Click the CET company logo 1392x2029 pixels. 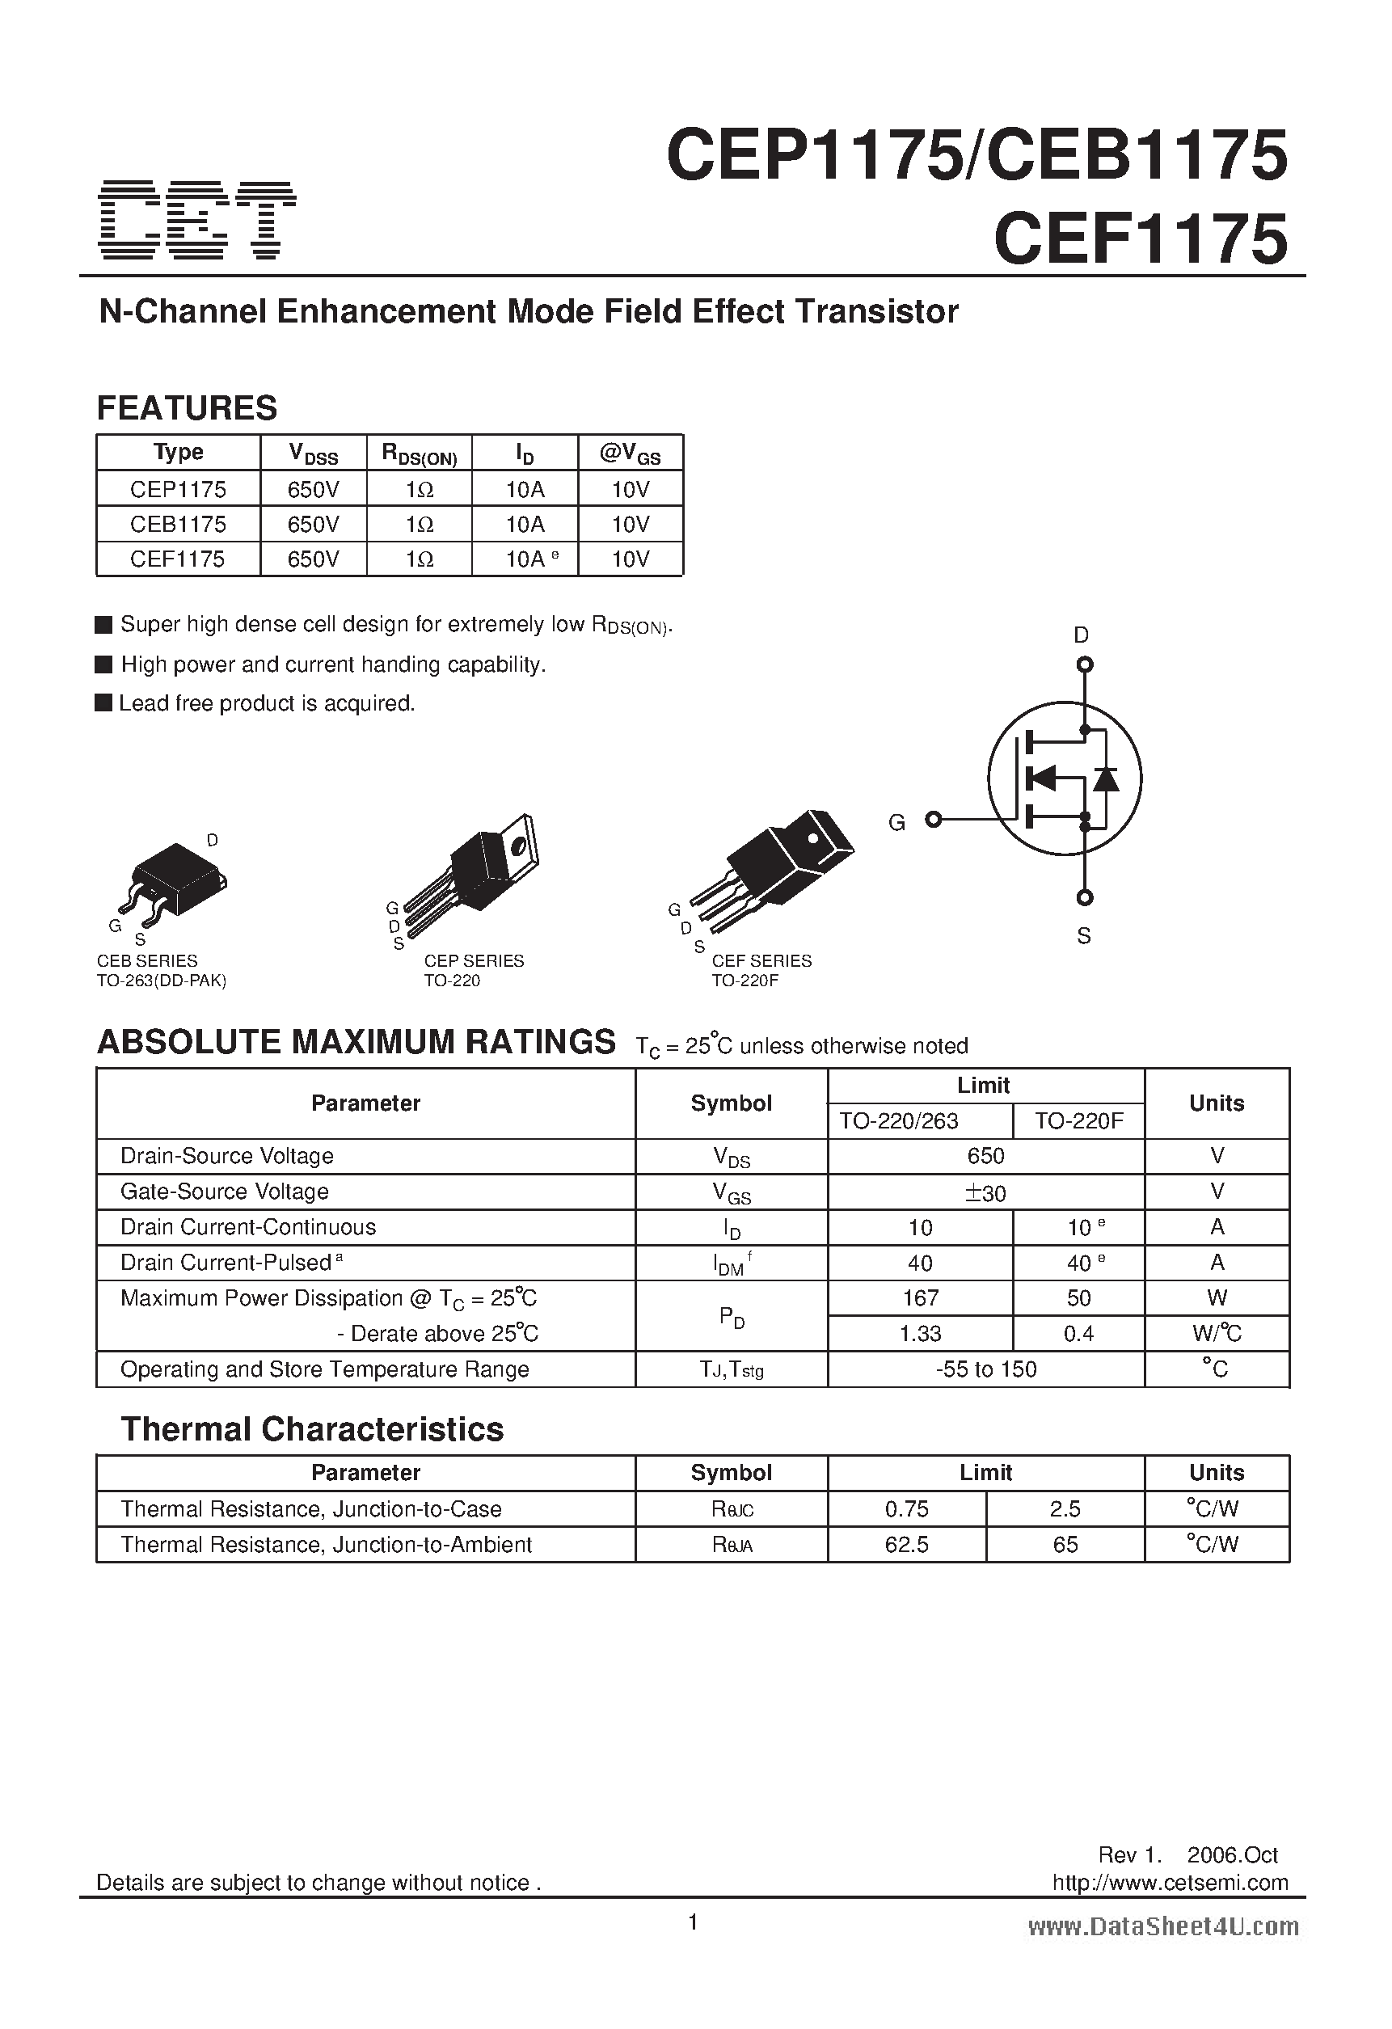(197, 220)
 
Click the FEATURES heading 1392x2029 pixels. (187, 407)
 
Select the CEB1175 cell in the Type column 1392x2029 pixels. (178, 524)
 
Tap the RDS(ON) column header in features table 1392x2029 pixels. (420, 453)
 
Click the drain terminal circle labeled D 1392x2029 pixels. (1085, 665)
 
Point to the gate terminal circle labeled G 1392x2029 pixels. (934, 819)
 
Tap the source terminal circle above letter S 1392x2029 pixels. (1085, 897)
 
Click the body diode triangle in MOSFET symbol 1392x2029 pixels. (1107, 778)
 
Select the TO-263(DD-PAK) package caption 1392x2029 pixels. (162, 981)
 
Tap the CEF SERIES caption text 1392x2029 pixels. (761, 960)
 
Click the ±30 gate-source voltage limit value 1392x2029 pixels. (985, 1192)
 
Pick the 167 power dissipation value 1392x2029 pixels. (921, 1298)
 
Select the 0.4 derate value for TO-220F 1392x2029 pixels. (1078, 1334)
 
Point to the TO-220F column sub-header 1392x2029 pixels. (1078, 1121)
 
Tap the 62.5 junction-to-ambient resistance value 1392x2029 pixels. (906, 1545)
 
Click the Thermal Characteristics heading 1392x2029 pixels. (312, 1429)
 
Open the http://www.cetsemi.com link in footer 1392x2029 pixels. (1171, 1883)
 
